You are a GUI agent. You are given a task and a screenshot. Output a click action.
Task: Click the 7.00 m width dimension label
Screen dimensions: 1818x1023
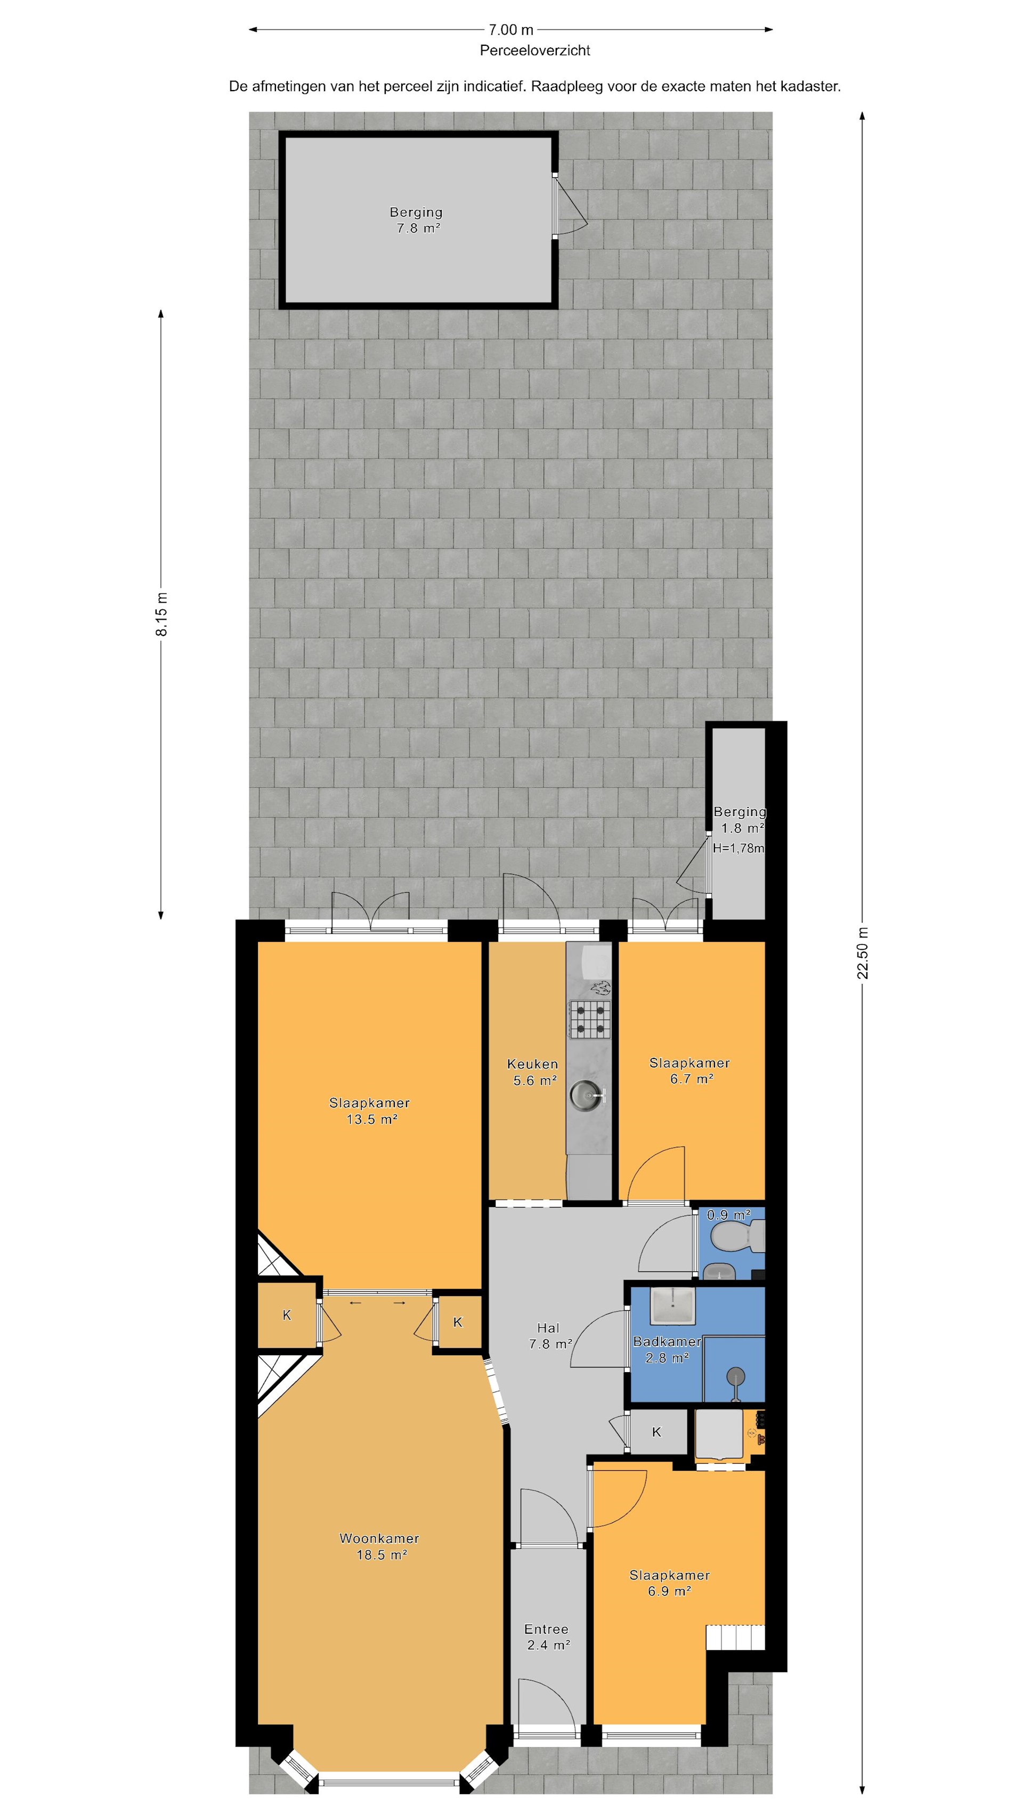tap(510, 30)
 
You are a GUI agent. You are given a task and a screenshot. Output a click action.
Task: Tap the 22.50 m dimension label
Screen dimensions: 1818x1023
tap(862, 953)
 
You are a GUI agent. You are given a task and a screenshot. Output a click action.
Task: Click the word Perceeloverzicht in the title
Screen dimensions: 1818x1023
tap(534, 51)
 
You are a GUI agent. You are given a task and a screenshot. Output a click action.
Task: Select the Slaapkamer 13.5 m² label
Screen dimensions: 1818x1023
tap(370, 1111)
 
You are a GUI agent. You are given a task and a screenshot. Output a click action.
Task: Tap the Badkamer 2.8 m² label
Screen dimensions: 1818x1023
tap(667, 1349)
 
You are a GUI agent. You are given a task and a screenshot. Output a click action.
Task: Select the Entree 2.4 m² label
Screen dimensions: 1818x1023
tap(547, 1636)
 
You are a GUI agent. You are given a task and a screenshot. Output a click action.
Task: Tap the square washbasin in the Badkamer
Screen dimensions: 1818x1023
tap(671, 1304)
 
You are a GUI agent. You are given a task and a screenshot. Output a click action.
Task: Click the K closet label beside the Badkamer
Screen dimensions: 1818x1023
tap(656, 1432)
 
